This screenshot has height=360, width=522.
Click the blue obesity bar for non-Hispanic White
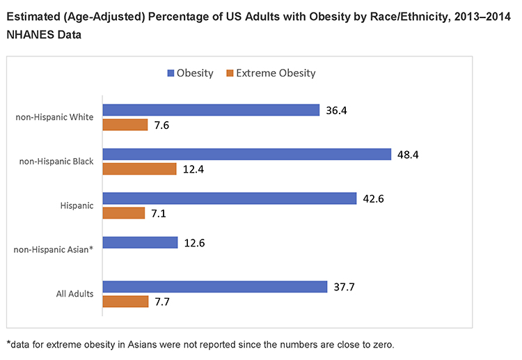211,110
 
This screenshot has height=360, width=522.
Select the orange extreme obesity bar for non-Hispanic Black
139,169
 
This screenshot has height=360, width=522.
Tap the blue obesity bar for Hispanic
229,198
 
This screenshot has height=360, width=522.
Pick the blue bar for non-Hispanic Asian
140,243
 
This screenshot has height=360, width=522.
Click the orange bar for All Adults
125,302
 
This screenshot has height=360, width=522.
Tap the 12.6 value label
198,243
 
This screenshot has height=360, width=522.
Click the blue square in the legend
170,73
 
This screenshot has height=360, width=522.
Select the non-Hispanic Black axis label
56,161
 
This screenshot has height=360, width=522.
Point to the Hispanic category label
77,205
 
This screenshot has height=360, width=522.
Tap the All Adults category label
74,294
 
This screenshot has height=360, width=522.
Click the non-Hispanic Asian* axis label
54,249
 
